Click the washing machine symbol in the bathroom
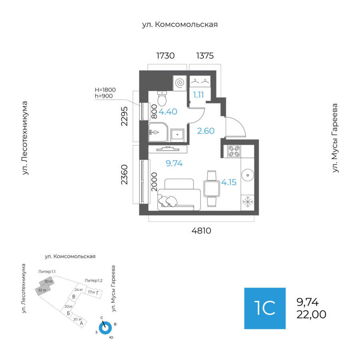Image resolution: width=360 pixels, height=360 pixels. coord(180,83)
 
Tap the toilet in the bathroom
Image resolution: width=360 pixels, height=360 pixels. coord(162,98)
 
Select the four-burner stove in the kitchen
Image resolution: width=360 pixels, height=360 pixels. coord(234,151)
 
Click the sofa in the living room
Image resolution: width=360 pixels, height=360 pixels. coord(179,195)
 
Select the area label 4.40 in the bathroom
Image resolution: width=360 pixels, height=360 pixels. coord(168,112)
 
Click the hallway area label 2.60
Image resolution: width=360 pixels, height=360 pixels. coord(206,130)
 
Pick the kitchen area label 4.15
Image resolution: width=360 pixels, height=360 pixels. coord(229,182)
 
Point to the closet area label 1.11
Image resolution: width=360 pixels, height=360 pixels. coord(199,95)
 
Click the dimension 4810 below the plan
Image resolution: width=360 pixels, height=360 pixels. coord(201,231)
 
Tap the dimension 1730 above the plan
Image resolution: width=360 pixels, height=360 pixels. coord(165,56)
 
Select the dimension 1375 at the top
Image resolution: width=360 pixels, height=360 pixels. coord(204,56)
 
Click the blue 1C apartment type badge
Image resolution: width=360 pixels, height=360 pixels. coord(265,308)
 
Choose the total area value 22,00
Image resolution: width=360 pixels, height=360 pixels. coord(311,315)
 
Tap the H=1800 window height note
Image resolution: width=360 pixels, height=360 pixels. coord(105,90)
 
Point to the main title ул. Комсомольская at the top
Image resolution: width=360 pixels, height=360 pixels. coord(180,25)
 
